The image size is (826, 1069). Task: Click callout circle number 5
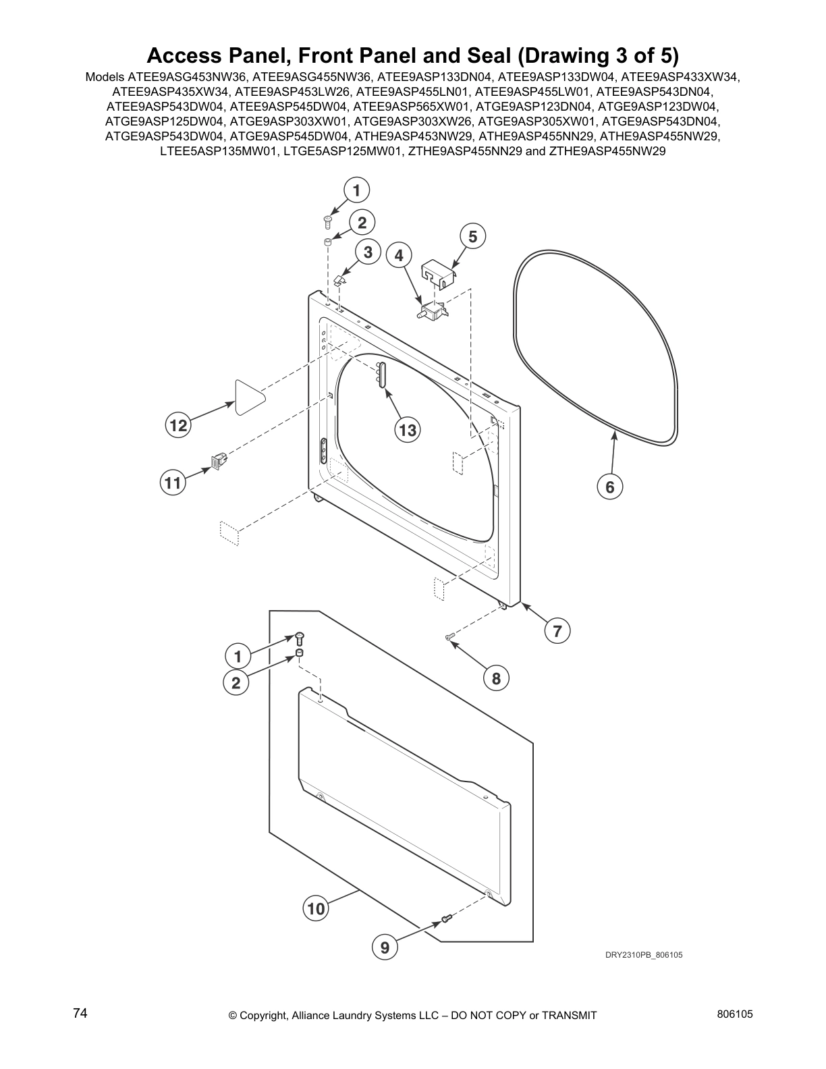pos(472,236)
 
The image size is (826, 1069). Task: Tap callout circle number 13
pos(408,429)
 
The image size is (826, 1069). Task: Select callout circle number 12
pos(178,425)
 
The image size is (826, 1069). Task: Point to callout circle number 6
pos(609,487)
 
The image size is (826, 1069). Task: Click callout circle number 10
pos(316,908)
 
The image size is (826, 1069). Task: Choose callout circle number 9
pos(385,948)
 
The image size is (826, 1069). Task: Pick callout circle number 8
pos(496,678)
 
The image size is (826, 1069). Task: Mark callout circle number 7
pos(557,631)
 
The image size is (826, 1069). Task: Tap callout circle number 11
pos(173,483)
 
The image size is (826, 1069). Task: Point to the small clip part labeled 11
pos(218,460)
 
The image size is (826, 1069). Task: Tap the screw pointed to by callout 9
pos(446,918)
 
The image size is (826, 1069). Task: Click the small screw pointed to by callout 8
pos(450,636)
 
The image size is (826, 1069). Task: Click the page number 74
pos(80,1014)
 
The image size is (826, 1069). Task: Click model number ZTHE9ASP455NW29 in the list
pos(607,151)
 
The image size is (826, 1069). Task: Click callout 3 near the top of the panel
pos(368,252)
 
